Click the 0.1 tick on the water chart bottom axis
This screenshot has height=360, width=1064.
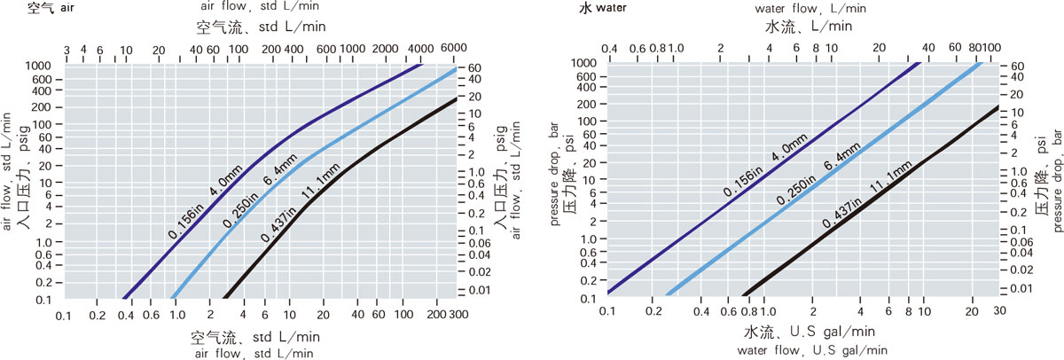pyautogui.click(x=606, y=312)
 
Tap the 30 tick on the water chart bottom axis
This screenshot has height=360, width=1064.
pyautogui.click(x=998, y=312)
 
